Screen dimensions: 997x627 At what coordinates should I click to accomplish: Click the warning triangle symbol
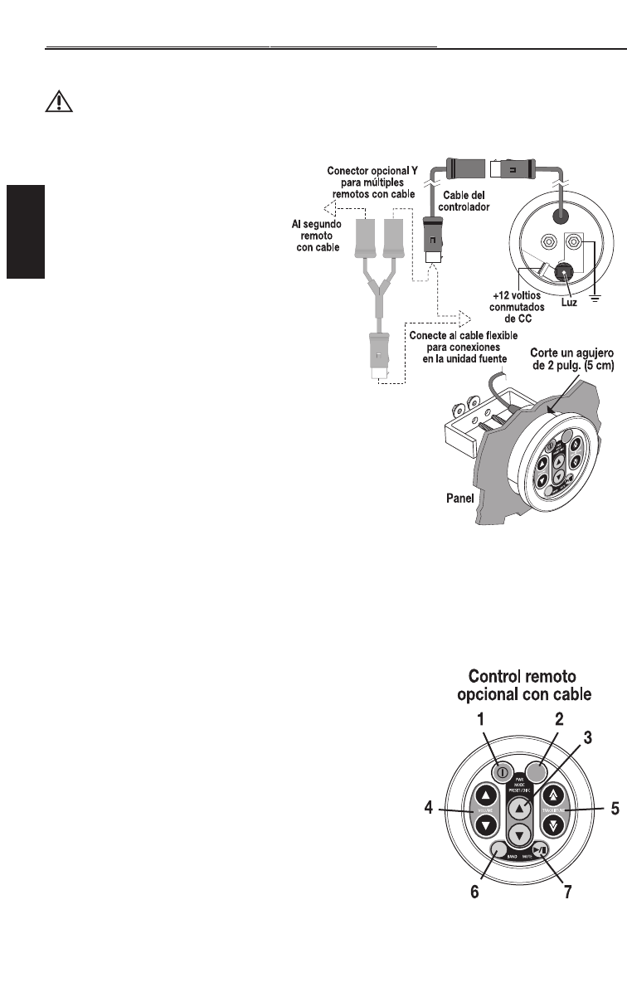tap(57, 101)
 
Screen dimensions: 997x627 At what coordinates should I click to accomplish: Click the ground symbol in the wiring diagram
tap(595, 299)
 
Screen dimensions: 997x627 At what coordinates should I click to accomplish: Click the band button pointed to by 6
tap(499, 849)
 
